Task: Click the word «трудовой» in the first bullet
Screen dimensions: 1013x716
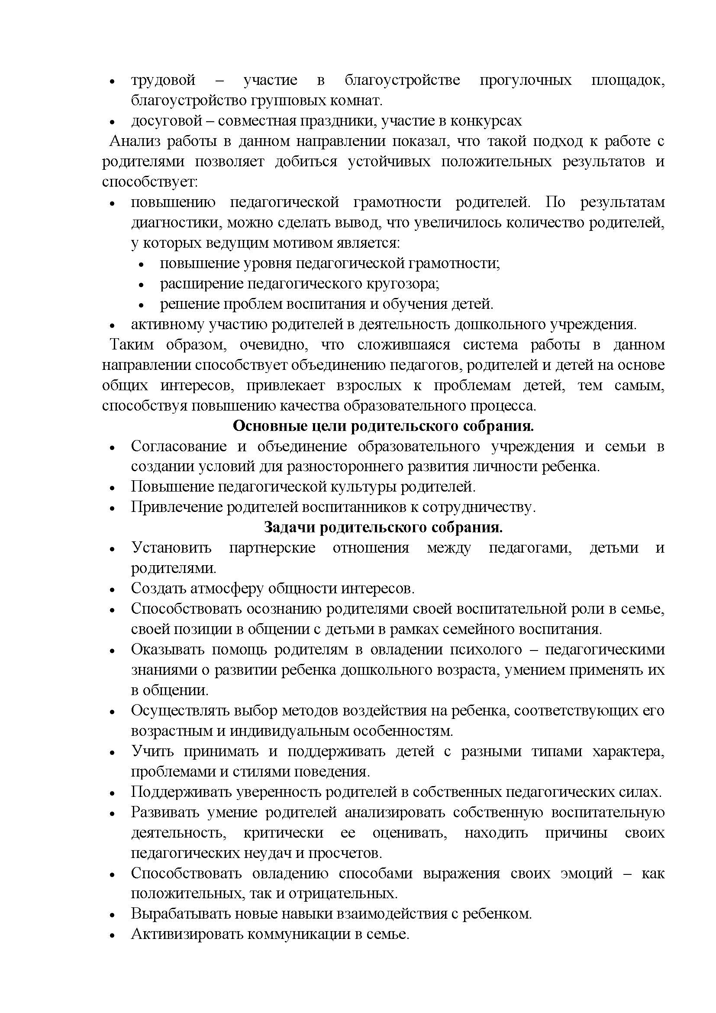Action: click(x=163, y=81)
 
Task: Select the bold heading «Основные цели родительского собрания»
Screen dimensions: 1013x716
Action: click(x=383, y=426)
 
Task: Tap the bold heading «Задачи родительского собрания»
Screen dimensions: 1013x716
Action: click(x=383, y=527)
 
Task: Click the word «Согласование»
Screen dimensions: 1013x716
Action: click(x=178, y=447)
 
